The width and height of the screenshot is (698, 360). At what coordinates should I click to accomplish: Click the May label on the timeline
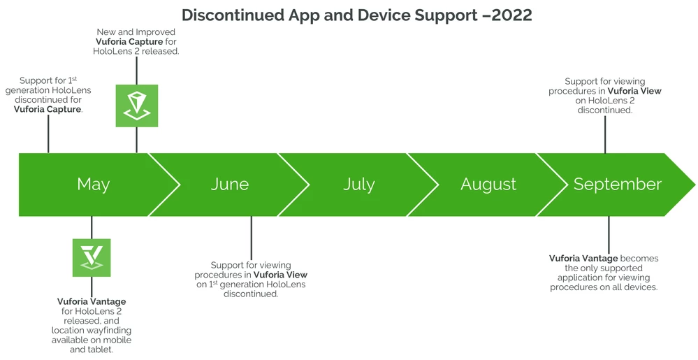coord(94,185)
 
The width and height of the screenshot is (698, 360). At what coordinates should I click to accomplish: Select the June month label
coord(230,184)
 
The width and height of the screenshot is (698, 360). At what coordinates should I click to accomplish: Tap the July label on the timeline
coord(359,185)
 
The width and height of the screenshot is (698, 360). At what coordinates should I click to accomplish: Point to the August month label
coord(488,185)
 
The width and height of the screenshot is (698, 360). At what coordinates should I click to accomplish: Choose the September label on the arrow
coord(618,185)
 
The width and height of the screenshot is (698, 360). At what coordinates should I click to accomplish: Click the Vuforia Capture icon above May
coord(137,106)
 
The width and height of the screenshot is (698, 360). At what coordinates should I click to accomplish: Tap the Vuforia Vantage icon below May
coord(92,257)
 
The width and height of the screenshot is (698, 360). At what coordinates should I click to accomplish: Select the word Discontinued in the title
coord(233,15)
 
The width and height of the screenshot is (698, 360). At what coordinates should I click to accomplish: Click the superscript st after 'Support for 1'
coord(74,78)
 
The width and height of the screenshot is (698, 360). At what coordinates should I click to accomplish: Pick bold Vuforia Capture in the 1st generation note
coord(48,109)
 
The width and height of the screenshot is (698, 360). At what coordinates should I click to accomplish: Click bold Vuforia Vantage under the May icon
coord(92,302)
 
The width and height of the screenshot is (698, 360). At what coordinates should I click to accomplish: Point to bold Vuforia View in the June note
coord(280,275)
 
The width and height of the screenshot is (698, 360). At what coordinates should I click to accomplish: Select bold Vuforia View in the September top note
coord(635,91)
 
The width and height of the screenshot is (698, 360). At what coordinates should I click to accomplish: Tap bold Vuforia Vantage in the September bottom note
coord(583,259)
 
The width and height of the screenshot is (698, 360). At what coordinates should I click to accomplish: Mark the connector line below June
coord(251,238)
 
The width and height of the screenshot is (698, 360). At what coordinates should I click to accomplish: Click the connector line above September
coord(605,134)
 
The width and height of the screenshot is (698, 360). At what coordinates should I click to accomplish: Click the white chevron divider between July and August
coord(423,185)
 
